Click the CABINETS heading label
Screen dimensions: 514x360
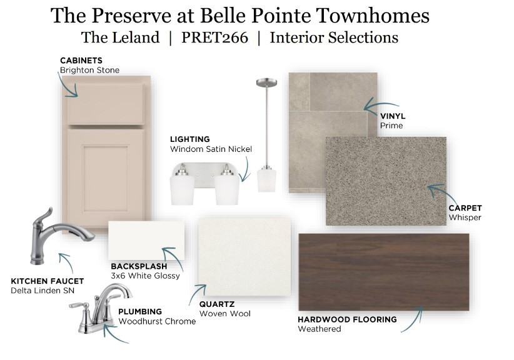click(x=81, y=61)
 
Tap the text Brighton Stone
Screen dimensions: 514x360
click(x=89, y=70)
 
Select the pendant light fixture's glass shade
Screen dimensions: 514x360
click(x=266, y=179)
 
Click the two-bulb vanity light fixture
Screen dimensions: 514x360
click(x=204, y=184)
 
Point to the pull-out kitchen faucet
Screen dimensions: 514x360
click(x=59, y=234)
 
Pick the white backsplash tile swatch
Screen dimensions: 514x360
click(x=146, y=241)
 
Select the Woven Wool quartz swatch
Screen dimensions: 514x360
click(x=244, y=257)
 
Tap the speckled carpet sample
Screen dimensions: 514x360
click(x=386, y=181)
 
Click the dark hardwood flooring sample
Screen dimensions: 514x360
click(x=383, y=272)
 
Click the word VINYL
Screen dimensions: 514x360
click(x=393, y=116)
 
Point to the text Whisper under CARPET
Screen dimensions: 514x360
click(x=465, y=217)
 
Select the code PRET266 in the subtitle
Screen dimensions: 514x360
click(x=214, y=37)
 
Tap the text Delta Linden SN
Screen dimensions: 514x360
click(x=43, y=291)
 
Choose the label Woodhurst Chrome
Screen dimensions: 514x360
click(x=157, y=321)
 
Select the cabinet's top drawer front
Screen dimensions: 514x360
click(x=106, y=104)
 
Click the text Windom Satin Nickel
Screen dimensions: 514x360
click(x=211, y=149)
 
